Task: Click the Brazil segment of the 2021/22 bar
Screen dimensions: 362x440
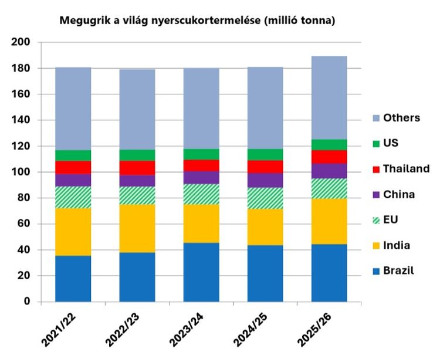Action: click(x=73, y=278)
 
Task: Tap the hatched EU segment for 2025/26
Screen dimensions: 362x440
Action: click(x=329, y=188)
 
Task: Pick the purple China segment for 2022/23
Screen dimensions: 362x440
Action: click(x=137, y=181)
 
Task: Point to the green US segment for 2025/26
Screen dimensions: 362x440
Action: click(x=329, y=144)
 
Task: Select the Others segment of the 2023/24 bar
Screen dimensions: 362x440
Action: click(x=201, y=109)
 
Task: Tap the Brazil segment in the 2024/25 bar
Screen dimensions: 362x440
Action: click(x=265, y=273)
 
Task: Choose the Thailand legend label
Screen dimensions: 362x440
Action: click(x=407, y=168)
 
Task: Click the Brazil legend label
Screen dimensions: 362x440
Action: click(x=398, y=270)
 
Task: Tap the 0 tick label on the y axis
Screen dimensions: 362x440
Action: click(x=26, y=302)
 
